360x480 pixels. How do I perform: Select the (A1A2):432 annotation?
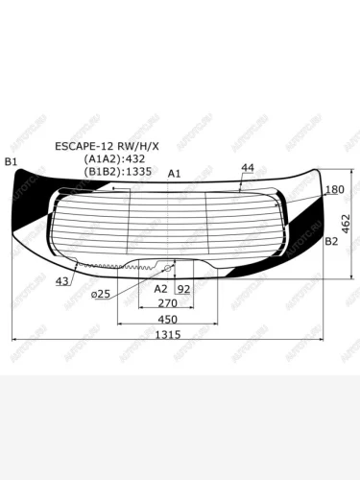coord(123,159)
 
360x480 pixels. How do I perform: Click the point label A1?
coord(174,174)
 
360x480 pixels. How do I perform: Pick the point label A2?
coord(160,287)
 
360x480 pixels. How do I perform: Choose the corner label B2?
coord(332,242)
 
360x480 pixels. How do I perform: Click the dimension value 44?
coord(248,168)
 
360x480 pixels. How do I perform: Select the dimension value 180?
coord(334,191)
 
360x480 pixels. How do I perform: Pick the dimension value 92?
coord(183,287)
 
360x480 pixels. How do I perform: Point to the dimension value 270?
coord(166,302)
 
